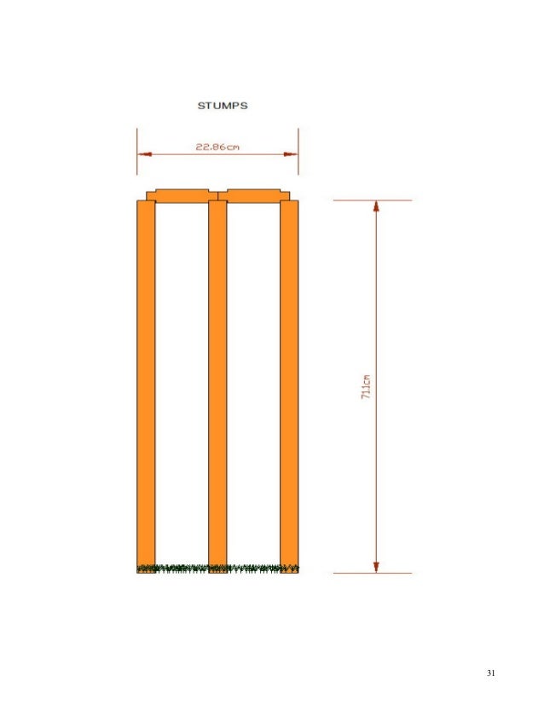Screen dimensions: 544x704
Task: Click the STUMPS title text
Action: (x=223, y=106)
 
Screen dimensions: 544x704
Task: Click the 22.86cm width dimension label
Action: (x=217, y=147)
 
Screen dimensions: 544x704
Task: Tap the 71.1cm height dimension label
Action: (x=366, y=387)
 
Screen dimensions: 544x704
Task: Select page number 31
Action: (x=490, y=672)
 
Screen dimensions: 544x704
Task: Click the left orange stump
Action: (x=146, y=386)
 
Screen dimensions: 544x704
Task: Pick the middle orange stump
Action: (x=217, y=386)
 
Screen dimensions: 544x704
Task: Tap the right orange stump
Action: (x=289, y=386)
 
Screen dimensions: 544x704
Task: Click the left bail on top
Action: (x=182, y=196)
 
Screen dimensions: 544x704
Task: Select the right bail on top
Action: (x=254, y=196)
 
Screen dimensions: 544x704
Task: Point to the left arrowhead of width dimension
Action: (x=145, y=154)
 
